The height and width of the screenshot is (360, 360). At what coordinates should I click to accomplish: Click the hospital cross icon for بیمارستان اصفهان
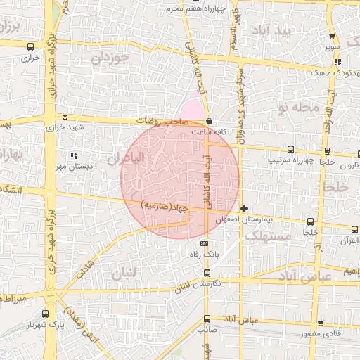tap(244, 208)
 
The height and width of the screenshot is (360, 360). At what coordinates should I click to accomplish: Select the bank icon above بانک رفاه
tap(205, 243)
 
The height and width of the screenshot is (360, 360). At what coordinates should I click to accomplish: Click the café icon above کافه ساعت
tap(210, 121)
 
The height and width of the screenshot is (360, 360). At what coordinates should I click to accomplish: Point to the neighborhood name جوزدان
tap(112, 58)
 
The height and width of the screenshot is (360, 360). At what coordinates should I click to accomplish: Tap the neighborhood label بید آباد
tap(292, 31)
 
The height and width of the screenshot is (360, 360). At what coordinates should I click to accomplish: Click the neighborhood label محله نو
tap(298, 108)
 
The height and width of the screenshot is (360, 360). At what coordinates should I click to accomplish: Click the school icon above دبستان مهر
tap(74, 155)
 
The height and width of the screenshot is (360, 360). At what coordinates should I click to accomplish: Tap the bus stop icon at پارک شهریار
tap(46, 314)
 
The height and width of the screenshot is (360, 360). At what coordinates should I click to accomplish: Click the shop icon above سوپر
tap(331, 37)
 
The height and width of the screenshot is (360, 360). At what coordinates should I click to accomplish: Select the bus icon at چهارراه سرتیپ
tap(291, 149)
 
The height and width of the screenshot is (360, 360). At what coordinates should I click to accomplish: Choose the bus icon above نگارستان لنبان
tap(207, 272)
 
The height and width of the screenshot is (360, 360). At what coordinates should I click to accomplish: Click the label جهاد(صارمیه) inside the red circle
tap(165, 206)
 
